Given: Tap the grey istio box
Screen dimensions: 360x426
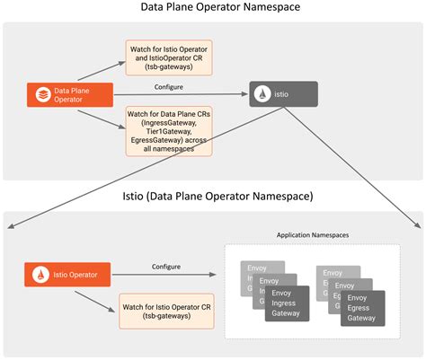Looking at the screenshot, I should click(x=283, y=92).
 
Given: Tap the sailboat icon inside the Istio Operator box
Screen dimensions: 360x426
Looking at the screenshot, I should click(x=41, y=271).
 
